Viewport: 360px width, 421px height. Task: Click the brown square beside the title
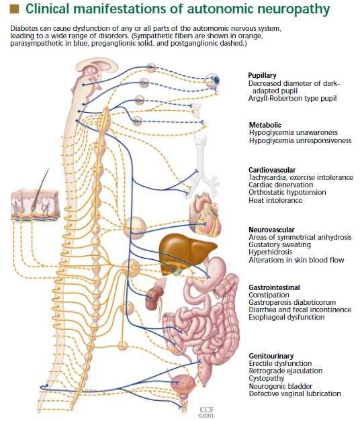pos(14,9)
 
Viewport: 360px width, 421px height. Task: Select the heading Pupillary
pos(262,75)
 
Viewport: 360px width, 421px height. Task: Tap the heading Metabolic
pos(265,125)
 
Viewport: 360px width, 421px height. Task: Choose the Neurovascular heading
pos(271,230)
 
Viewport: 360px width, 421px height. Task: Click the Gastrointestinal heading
pos(274,287)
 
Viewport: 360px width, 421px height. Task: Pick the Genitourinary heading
pos(271,356)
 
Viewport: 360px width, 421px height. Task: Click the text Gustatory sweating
pos(279,245)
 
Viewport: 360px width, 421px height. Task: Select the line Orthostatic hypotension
pos(287,193)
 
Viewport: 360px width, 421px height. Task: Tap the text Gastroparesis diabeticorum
pos(292,302)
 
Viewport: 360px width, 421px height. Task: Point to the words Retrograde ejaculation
pos(285,371)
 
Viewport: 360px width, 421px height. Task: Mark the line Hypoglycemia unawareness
pos(293,133)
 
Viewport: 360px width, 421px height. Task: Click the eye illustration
pos(213,80)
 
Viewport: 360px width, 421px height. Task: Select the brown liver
pos(186,251)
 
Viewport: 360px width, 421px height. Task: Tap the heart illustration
pos(205,216)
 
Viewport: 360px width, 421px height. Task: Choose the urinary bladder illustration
pos(183,384)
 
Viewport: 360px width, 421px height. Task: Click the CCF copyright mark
pos(206,412)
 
